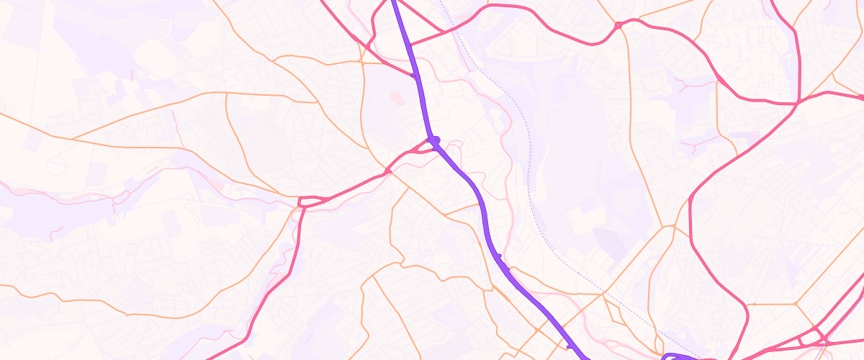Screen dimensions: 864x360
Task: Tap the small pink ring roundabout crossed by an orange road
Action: click(x=618, y=26)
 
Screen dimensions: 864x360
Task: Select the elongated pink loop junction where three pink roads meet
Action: click(x=312, y=201)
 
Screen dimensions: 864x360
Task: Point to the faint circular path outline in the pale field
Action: click(x=56, y=165)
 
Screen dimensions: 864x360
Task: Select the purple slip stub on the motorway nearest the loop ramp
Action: click(x=570, y=346)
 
